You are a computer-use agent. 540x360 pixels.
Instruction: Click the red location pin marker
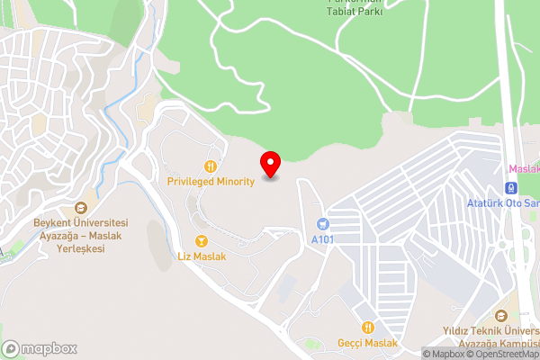(x=270, y=164)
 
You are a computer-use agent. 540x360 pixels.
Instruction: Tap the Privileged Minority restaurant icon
(x=211, y=166)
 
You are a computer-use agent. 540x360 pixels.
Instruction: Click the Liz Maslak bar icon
(x=201, y=241)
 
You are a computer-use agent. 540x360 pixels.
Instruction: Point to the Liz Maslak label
(x=202, y=256)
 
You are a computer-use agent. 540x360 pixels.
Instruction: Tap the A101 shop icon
(x=321, y=224)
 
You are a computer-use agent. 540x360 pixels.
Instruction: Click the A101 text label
(x=321, y=240)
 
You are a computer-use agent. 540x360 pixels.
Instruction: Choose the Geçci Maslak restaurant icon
(x=367, y=328)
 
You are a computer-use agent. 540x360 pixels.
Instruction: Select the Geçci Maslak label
(x=367, y=343)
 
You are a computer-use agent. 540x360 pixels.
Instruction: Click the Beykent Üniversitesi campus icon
(x=82, y=207)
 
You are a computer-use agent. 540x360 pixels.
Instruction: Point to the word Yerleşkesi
(x=82, y=247)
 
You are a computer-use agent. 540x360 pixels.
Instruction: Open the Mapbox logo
(x=40, y=348)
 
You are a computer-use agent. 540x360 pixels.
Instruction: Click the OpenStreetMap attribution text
(x=503, y=354)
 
